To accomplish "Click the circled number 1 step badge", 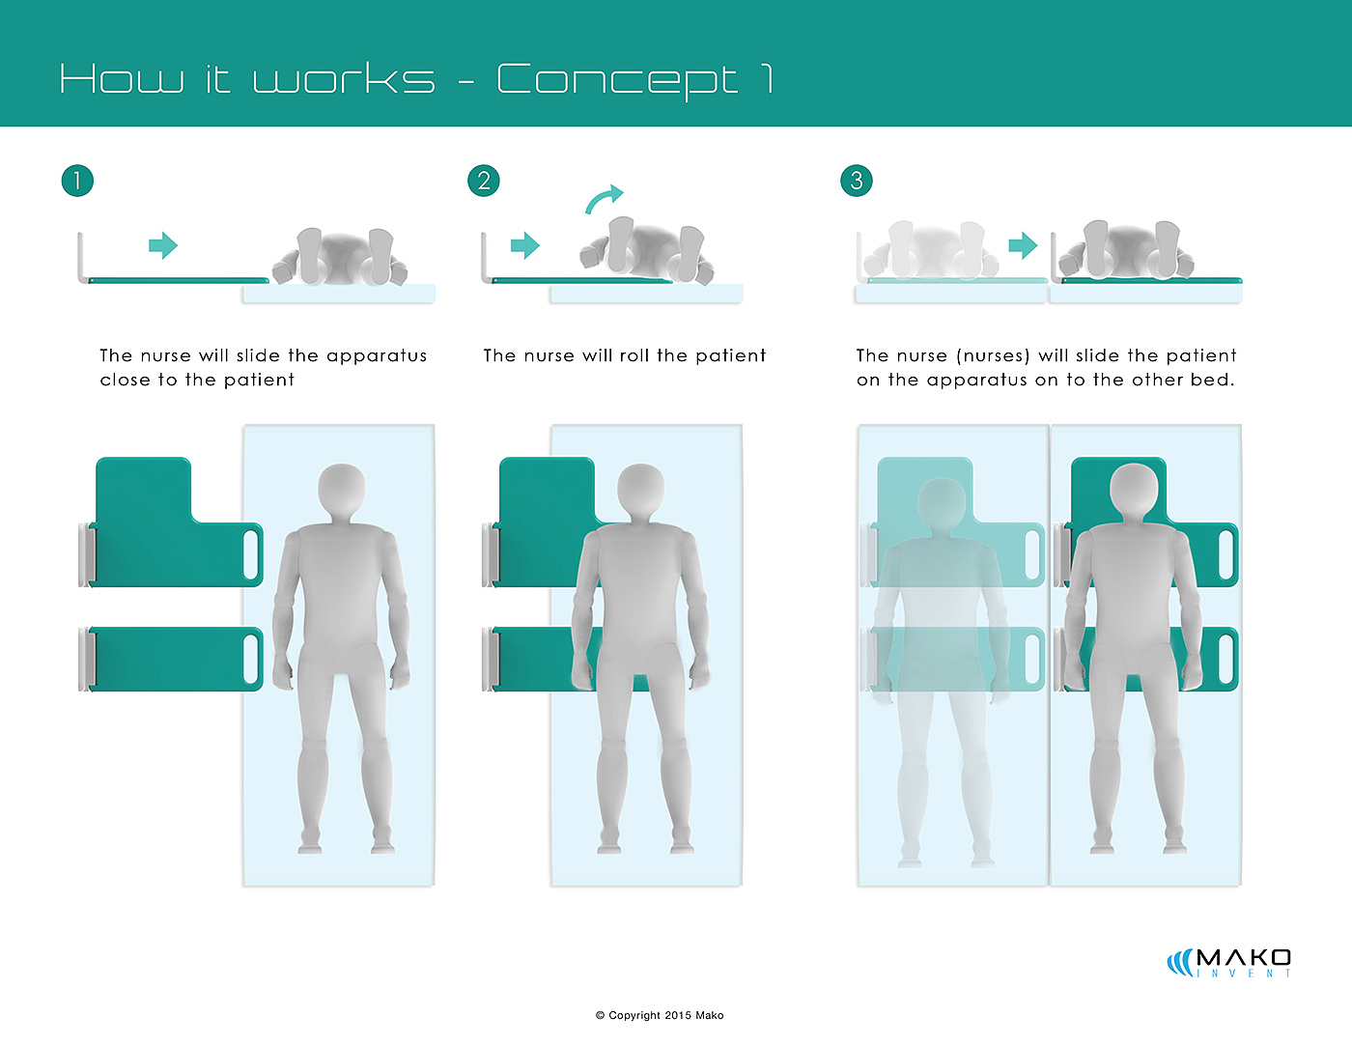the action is (x=77, y=181).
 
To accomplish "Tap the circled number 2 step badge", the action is (x=484, y=181).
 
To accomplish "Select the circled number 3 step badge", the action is (x=857, y=181).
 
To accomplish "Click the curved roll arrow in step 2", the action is (x=605, y=198).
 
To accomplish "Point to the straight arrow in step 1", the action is (x=163, y=245).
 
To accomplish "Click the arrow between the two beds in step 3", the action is (x=1023, y=245).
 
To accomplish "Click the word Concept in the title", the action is (x=617, y=80).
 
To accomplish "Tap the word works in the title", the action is (x=344, y=79).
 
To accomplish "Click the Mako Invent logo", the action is (x=1229, y=962).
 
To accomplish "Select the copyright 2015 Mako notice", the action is (x=660, y=1015).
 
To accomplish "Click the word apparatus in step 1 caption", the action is (x=377, y=355).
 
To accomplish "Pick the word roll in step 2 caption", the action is (x=634, y=355).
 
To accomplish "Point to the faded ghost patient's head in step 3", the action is (x=941, y=503).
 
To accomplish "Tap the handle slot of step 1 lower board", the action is (x=253, y=659).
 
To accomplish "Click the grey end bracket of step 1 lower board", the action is (x=86, y=659).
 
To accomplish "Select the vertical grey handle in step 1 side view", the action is (x=81, y=257).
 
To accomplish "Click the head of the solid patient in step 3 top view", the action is (x=1134, y=490).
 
